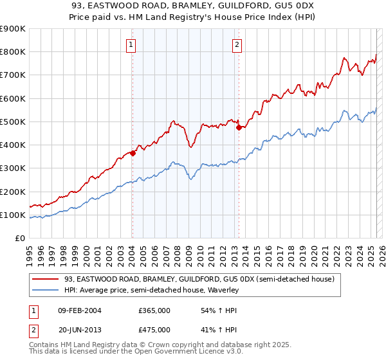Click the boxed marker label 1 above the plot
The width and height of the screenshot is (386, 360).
(131, 44)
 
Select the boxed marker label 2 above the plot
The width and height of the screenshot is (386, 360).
(237, 44)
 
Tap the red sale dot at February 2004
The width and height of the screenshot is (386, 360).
(133, 153)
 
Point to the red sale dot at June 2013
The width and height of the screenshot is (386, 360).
(239, 127)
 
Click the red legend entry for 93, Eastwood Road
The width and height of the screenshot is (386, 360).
(199, 280)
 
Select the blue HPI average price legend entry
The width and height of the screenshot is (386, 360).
(152, 291)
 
